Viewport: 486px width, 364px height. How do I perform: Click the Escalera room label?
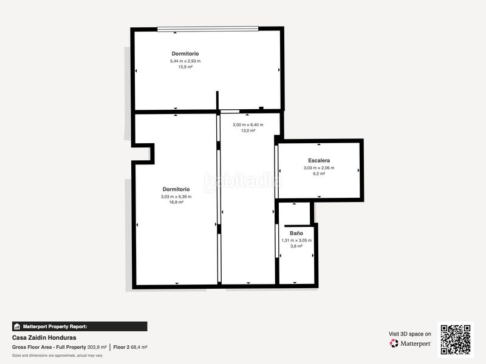[319, 160]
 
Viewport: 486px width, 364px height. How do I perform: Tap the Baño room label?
[296, 233]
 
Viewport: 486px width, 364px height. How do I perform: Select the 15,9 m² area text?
[185, 67]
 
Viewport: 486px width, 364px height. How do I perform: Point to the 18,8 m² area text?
[176, 202]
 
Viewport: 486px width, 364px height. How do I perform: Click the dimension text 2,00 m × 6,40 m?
[248, 125]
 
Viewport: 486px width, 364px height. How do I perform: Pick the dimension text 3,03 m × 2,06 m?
[319, 168]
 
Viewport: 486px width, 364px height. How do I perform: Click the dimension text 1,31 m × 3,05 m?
[296, 240]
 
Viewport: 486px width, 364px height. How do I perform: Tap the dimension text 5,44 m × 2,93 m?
[185, 61]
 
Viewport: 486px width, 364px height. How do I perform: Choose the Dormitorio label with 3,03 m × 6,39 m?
[176, 189]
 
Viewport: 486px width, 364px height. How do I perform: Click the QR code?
[456, 340]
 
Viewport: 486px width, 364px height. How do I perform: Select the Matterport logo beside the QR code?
[410, 343]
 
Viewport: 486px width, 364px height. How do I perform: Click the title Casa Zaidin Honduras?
[44, 338]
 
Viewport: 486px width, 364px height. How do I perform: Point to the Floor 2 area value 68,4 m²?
[139, 347]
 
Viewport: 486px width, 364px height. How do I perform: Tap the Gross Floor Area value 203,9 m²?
[97, 347]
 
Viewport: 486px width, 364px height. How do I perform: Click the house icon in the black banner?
[17, 326]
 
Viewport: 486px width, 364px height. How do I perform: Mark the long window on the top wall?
[208, 29]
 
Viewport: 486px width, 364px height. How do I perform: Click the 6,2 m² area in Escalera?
[319, 174]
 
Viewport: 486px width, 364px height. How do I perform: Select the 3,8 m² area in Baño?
[296, 246]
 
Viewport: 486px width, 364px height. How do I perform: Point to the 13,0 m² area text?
[248, 130]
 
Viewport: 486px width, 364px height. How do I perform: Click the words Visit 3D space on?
[409, 334]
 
